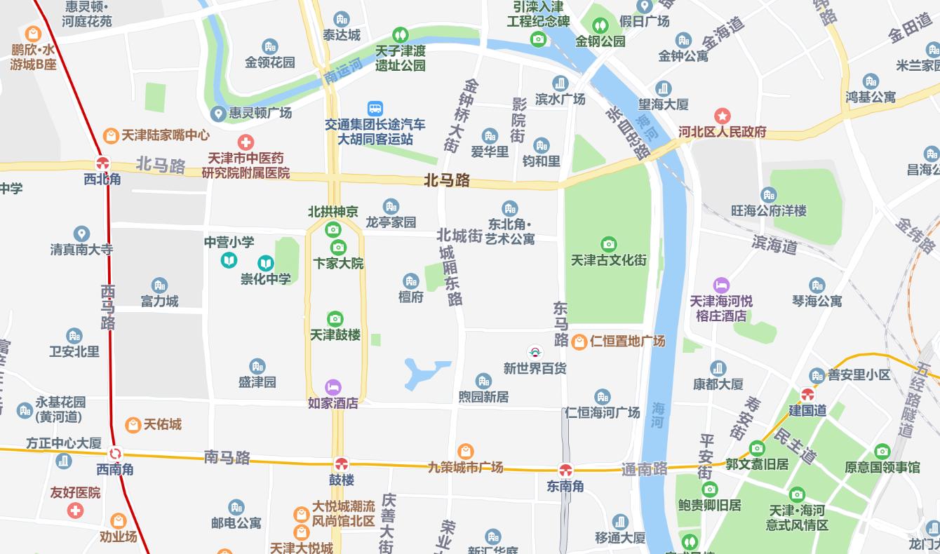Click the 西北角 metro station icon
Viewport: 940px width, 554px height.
[x=102, y=163]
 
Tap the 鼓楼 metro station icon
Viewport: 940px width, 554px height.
[x=342, y=464]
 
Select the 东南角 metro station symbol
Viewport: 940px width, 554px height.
[x=565, y=470]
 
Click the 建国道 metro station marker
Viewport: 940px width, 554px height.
[x=807, y=395]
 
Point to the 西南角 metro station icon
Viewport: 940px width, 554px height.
[x=115, y=454]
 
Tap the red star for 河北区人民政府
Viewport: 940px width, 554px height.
[x=722, y=116]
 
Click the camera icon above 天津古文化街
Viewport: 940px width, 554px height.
[x=608, y=244]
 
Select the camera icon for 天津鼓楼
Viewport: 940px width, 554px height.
[x=335, y=319]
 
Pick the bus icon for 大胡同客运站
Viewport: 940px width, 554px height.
[x=375, y=109]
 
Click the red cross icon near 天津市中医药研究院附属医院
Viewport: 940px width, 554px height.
[x=245, y=142]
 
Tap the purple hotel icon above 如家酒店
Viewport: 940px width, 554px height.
[x=333, y=387]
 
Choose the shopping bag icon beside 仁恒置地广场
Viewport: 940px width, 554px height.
[x=579, y=342]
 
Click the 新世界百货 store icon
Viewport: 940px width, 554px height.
[x=535, y=352]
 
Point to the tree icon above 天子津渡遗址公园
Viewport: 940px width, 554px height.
[x=400, y=34]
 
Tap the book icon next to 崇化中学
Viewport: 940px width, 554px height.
[x=265, y=263]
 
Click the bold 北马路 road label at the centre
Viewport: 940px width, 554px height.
[x=447, y=180]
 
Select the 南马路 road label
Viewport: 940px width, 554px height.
[x=227, y=458]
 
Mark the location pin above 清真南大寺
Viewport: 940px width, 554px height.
[x=81, y=234]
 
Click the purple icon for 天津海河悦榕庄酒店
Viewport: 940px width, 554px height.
[x=721, y=285]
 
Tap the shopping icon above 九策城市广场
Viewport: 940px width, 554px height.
[x=465, y=451]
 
